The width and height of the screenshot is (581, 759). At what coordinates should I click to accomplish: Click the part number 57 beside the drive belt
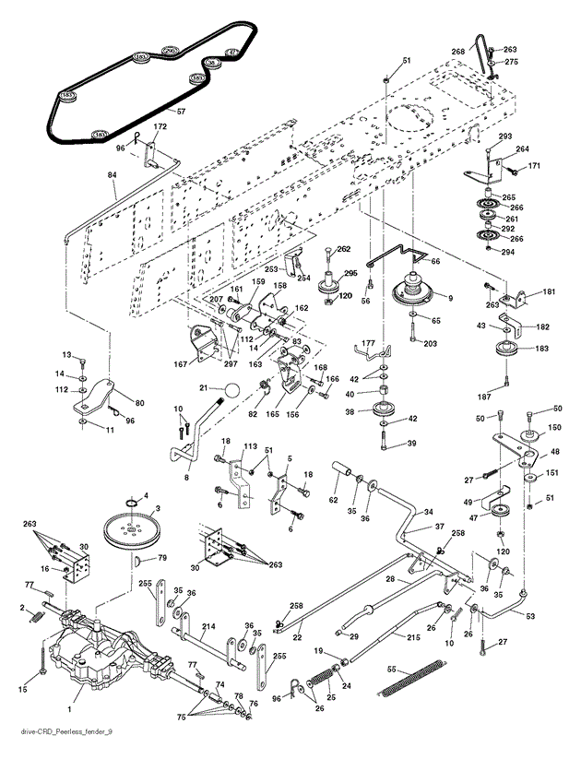[x=181, y=112]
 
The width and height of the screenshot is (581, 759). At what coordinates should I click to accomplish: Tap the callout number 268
[x=457, y=51]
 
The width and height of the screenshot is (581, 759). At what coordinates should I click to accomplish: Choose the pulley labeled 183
[x=504, y=353]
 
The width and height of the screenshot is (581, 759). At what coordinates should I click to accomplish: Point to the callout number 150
[x=555, y=429]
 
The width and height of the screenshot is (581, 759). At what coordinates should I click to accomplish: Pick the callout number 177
[x=367, y=341]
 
